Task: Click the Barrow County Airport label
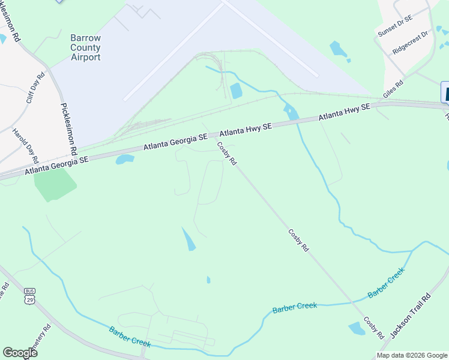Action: click(85, 47)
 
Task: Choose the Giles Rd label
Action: click(393, 88)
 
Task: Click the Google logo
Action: click(20, 353)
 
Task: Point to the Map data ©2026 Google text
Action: click(412, 355)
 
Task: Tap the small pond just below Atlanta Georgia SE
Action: click(125, 160)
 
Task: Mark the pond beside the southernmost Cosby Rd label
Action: click(357, 328)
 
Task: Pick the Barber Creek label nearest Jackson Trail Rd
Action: click(387, 283)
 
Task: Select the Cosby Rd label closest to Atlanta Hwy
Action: click(227, 153)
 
